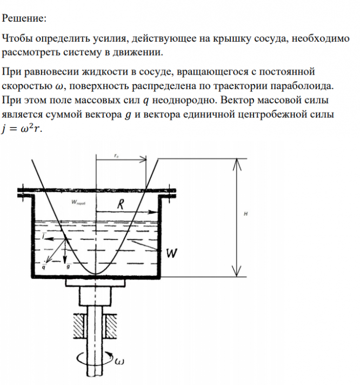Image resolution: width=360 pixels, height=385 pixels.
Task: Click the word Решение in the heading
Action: click(24, 18)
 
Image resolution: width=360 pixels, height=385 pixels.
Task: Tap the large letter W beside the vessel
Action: click(171, 253)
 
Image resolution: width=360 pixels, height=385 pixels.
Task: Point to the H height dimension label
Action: click(245, 214)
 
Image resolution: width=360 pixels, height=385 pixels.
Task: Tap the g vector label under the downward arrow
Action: click(68, 267)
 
